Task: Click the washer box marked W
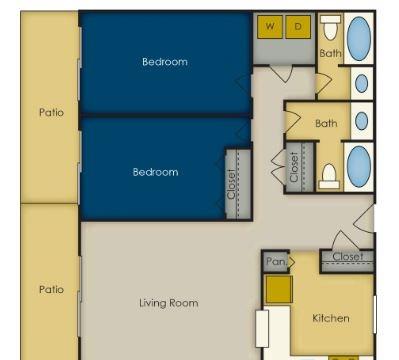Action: click(270, 26)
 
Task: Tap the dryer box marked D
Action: click(298, 26)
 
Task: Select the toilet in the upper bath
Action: click(330, 27)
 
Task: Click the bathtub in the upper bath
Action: click(359, 38)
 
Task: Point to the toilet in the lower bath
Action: click(329, 177)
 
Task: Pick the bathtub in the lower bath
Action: click(359, 166)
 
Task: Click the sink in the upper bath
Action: click(362, 83)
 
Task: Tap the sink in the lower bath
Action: click(362, 121)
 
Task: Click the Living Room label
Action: click(169, 303)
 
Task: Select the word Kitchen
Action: click(331, 318)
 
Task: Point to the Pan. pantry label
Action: click(276, 261)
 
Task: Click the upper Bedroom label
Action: click(165, 62)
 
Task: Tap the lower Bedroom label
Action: click(155, 172)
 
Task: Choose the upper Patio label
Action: click(51, 112)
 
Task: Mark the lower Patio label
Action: click(51, 289)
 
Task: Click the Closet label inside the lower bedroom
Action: click(231, 184)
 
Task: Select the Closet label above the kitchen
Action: click(348, 256)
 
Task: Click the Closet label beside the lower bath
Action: click(294, 167)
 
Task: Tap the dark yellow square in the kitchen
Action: click(279, 289)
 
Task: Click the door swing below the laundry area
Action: click(281, 74)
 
